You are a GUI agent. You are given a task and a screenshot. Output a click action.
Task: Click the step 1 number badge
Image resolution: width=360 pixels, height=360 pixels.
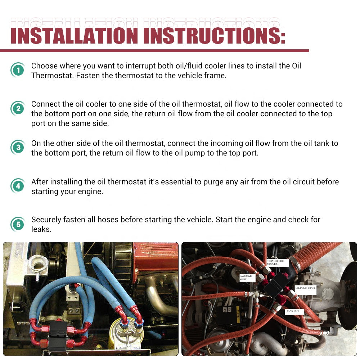pos(17,70)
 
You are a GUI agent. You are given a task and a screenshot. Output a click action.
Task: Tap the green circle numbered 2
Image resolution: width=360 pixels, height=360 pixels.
pos(17,108)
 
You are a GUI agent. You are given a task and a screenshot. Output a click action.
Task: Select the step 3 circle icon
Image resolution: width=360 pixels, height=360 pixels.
pos(17,147)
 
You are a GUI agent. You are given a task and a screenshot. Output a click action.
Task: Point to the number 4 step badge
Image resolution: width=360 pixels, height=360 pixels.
pos(17,186)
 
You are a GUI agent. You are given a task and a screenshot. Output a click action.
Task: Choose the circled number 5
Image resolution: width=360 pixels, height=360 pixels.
pos(17,225)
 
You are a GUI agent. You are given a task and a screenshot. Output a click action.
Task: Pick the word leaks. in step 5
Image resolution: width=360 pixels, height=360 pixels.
pos(41,229)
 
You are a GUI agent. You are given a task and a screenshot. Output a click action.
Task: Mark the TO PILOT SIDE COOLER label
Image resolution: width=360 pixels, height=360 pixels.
pos(277,262)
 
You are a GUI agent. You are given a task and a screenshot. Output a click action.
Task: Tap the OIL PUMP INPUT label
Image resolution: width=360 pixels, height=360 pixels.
pos(305,288)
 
